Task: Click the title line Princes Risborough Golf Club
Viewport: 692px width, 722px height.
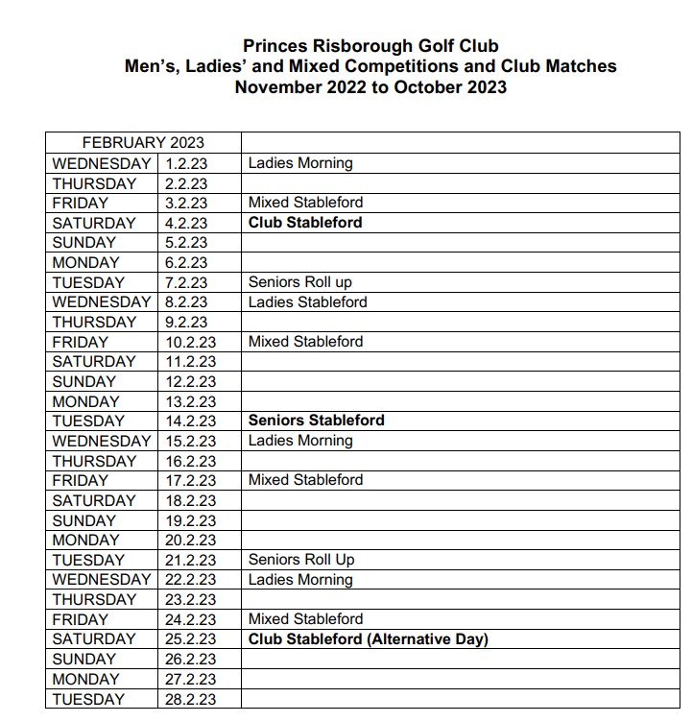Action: [370, 46]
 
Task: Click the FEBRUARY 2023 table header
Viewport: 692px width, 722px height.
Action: [143, 143]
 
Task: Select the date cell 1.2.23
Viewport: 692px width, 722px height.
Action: [186, 163]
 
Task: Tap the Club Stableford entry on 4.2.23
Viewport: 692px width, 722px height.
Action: [305, 223]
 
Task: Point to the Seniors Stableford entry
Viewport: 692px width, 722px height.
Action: [316, 421]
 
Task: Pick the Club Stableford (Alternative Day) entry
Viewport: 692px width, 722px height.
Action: [369, 639]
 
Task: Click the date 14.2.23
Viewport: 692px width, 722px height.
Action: [191, 421]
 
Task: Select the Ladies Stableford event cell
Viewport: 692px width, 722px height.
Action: [307, 302]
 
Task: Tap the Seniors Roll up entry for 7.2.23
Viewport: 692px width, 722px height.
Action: [300, 282]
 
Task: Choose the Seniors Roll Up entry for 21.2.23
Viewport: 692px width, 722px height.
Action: [301, 560]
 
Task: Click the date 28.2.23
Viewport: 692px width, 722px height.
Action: [191, 699]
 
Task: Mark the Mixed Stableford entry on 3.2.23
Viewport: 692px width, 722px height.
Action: [305, 203]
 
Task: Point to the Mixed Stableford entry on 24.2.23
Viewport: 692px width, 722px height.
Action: [305, 619]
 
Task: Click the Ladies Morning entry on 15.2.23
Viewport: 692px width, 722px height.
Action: [300, 441]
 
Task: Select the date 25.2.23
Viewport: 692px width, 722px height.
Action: [191, 639]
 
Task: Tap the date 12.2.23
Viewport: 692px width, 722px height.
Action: [191, 381]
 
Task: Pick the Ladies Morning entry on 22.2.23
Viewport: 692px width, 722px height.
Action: [300, 580]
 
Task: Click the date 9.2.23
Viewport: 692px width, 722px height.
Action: [186, 322]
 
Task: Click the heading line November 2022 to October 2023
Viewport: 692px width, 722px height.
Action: [370, 87]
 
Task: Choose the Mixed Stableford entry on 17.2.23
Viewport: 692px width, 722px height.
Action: [305, 480]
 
